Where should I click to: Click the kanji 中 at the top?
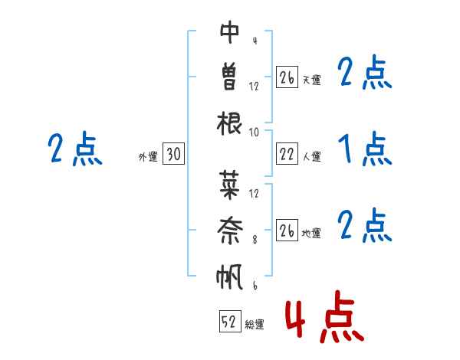pos(229,32)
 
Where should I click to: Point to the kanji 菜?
pos(229,185)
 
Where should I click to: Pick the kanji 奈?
pos(229,231)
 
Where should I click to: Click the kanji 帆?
pos(229,277)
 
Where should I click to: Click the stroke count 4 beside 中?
pos(255,41)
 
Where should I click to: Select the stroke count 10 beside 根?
pos(254,133)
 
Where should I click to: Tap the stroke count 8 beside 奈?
pos(255,240)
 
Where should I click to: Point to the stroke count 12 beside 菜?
pos(254,194)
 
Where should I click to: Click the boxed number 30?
pos(174,153)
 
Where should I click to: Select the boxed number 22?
pos(287,153)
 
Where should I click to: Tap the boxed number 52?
pos(230,321)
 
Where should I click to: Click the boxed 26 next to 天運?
pos(287,77)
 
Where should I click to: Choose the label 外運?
pos(148,157)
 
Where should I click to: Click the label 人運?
pos(312,156)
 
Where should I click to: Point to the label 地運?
pos(311,234)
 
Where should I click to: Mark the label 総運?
pos(255,324)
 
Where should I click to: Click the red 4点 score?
pos(324,316)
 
